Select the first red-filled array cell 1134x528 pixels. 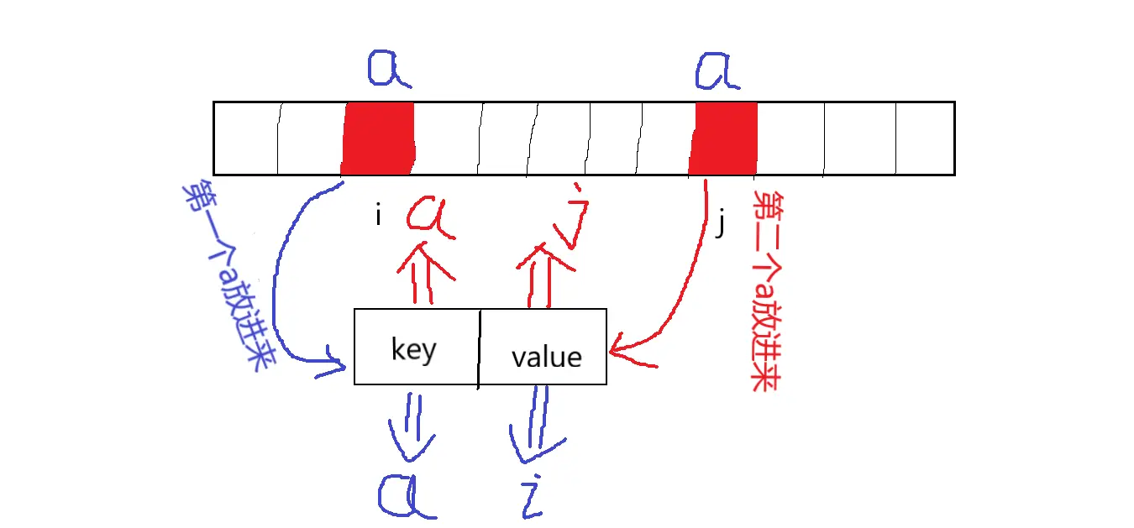pos(378,139)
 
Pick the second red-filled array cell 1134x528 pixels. pos(723,139)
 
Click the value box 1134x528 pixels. pos(543,347)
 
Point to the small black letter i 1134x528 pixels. pos(378,217)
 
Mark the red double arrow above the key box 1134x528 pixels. pos(425,273)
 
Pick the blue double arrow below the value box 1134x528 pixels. pos(533,424)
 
